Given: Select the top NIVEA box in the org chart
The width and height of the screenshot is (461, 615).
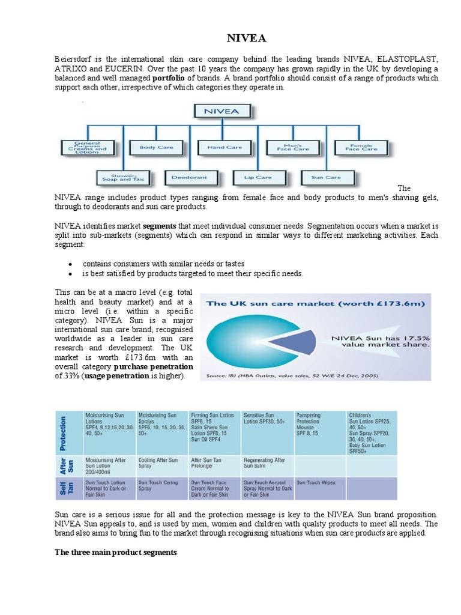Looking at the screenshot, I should (222, 111).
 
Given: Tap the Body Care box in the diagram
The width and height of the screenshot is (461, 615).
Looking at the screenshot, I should (156, 147).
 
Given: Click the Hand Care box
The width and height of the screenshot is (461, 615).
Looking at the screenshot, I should (224, 147).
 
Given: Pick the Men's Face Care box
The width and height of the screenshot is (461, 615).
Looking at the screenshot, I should (293, 147).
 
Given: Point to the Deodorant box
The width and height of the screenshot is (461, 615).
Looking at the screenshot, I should (190, 177).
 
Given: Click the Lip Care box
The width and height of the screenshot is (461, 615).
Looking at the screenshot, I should (258, 177).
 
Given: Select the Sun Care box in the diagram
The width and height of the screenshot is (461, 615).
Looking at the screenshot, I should (326, 177).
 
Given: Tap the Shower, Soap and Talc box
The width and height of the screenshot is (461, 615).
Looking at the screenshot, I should (122, 177).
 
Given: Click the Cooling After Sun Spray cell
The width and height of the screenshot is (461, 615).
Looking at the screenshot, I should (158, 463).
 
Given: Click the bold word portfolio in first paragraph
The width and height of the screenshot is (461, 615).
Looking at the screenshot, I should (168, 78).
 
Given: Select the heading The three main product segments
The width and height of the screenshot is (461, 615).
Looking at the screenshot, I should (116, 553).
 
